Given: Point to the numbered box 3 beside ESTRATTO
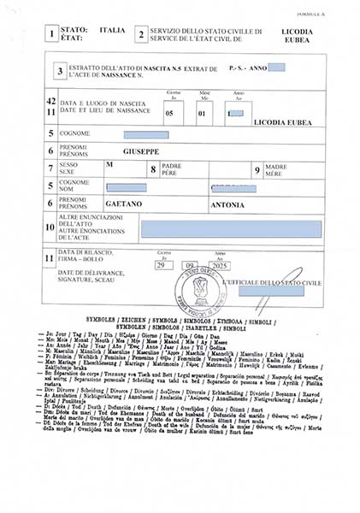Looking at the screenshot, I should click(x=60, y=72).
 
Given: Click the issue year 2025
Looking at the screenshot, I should click(x=221, y=267).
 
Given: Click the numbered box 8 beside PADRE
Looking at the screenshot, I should click(x=152, y=169).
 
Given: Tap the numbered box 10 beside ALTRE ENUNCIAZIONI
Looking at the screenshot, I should click(x=50, y=227).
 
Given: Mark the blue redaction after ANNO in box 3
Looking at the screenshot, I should click(x=276, y=67).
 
